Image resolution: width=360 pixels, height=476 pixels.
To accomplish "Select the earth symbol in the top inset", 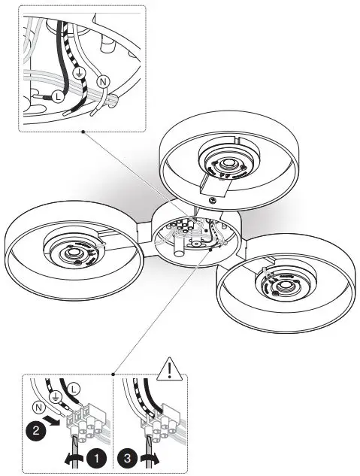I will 82,74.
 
